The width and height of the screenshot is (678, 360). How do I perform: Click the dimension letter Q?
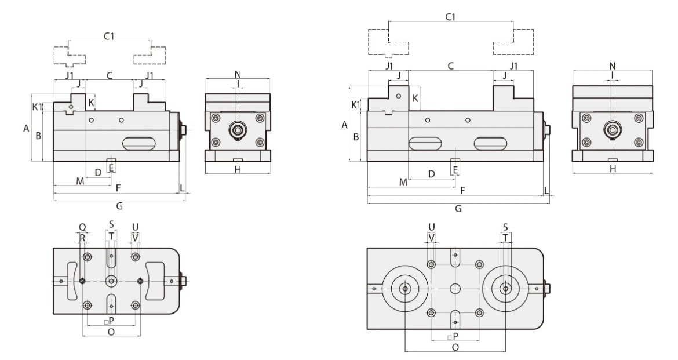[82, 227]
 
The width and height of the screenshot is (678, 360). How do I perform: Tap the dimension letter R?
[82, 237]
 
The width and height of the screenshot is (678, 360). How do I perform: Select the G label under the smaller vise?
[119, 206]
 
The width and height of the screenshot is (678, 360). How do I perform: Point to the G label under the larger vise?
[458, 209]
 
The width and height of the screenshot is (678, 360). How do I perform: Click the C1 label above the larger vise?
[450, 17]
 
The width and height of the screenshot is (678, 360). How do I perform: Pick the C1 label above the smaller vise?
[109, 37]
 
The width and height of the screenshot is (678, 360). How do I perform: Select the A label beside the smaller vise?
[26, 129]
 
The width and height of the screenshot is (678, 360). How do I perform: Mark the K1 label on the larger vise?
[355, 105]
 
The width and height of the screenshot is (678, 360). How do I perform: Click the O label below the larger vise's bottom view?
[455, 347]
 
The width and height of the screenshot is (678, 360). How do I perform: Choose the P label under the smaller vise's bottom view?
[111, 320]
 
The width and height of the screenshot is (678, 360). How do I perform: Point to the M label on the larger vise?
[403, 182]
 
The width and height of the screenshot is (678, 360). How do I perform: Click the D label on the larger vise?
[431, 173]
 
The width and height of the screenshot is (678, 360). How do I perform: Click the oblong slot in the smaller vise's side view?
[139, 143]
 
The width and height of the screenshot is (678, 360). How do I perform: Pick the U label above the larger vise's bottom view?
[431, 227]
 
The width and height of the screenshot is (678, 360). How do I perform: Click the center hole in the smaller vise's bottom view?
[111, 281]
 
